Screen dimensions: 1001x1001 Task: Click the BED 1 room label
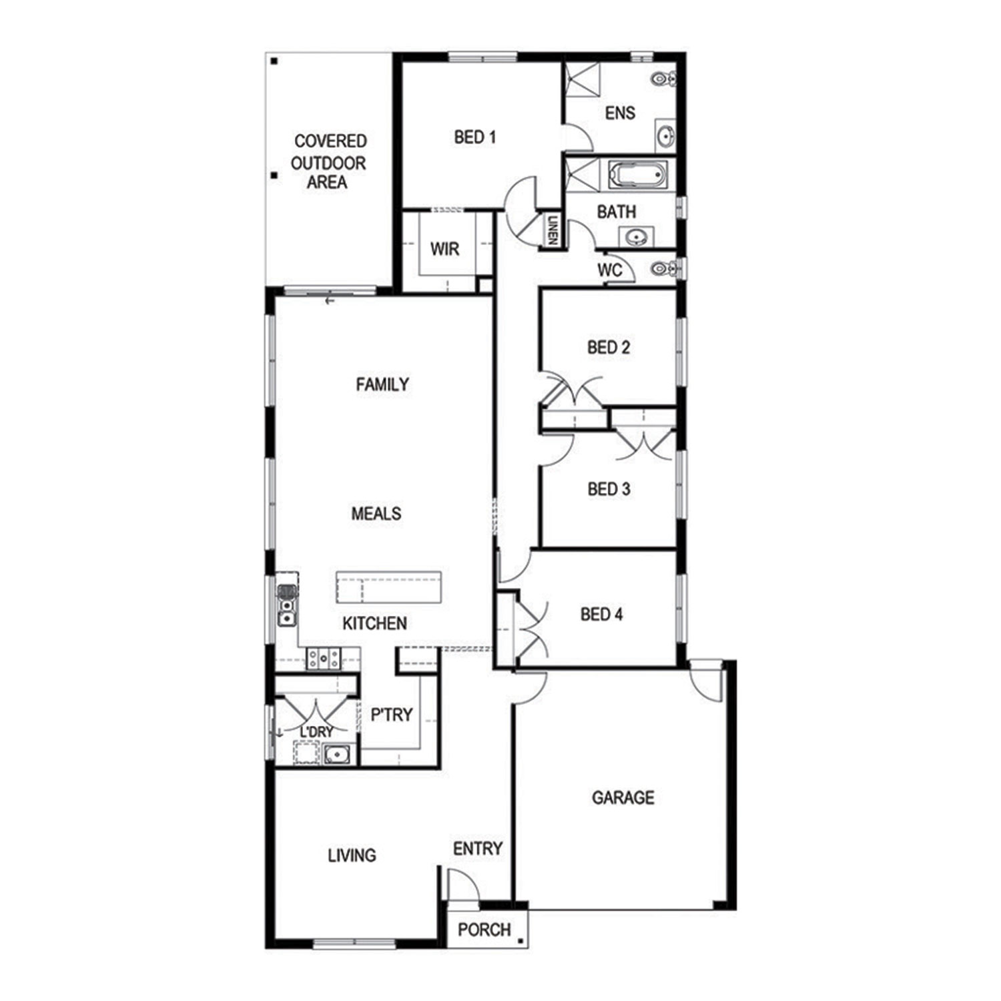[x=474, y=137]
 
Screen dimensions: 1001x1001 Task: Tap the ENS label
[x=620, y=113]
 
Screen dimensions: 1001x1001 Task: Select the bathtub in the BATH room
[x=637, y=175]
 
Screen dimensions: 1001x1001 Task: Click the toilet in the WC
[x=663, y=269]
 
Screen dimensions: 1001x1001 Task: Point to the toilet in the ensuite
[x=663, y=79]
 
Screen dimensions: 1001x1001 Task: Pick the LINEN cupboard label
[x=553, y=230]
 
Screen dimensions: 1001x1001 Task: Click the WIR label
[x=444, y=249]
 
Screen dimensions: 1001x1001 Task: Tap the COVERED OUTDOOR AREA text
[x=329, y=161]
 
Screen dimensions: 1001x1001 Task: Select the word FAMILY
[x=382, y=384]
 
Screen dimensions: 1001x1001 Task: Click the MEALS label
[x=376, y=514]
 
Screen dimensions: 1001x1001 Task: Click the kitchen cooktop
[x=324, y=659]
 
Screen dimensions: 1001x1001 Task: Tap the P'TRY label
[x=392, y=715]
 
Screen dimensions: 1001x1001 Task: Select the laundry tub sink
[x=338, y=754]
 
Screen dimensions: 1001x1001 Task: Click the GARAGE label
[x=623, y=797]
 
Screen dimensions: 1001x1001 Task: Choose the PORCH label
[x=484, y=930]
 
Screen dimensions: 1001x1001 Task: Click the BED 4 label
[x=601, y=614]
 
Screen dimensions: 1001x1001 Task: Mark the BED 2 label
[x=609, y=348]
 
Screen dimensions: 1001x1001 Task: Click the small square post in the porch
[x=521, y=942]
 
